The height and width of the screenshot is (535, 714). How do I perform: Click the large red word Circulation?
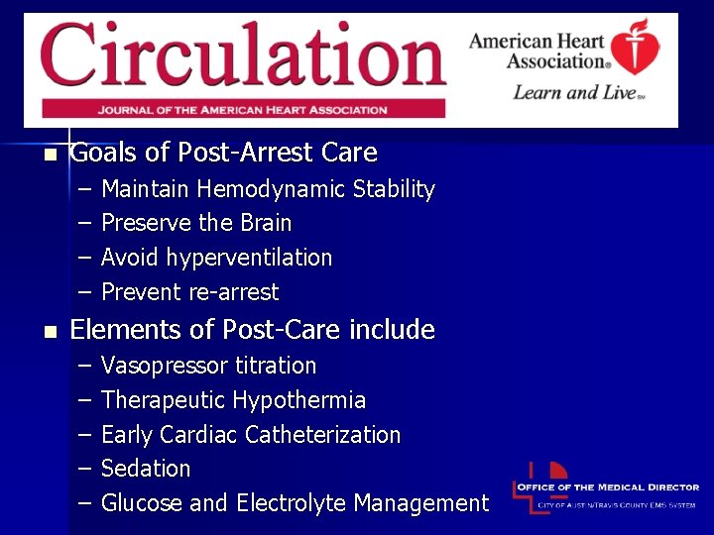click(x=242, y=55)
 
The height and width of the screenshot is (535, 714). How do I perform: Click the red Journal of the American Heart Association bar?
click(x=242, y=108)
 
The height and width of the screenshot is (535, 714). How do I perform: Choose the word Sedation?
click(x=146, y=469)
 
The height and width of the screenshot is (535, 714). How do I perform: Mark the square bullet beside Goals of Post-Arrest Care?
click(x=48, y=155)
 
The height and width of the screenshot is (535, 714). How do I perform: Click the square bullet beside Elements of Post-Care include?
click(x=48, y=331)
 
